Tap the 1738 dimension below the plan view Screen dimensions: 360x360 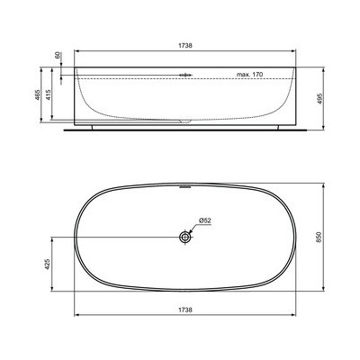pyautogui.click(x=186, y=309)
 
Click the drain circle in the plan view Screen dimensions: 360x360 pyautogui.click(x=185, y=236)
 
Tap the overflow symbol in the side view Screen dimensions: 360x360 pyautogui.click(x=184, y=74)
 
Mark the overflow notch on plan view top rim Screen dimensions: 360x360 pyautogui.click(x=185, y=188)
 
